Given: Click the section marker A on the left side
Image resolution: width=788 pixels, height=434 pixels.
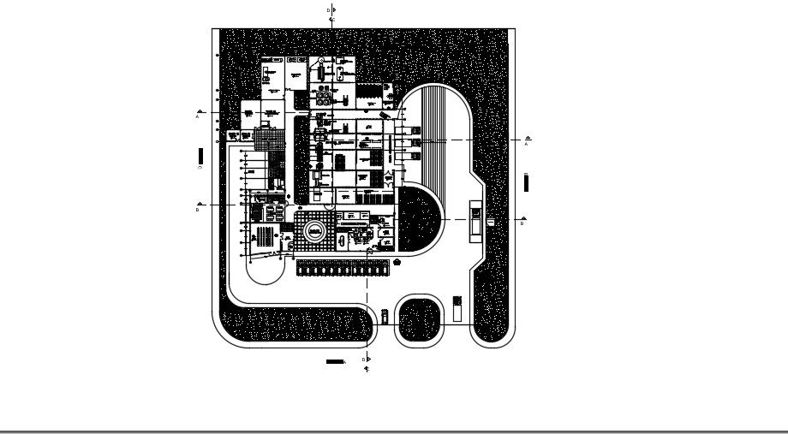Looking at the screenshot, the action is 200,112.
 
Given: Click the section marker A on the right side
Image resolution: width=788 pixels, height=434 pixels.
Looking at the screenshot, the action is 528,139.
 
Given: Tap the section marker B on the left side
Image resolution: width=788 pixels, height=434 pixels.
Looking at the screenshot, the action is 200,205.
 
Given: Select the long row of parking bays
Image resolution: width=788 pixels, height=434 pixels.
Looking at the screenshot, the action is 343,269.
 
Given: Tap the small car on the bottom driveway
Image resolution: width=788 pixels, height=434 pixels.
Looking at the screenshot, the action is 384,314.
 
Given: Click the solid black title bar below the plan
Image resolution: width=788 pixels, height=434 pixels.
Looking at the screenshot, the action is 335,362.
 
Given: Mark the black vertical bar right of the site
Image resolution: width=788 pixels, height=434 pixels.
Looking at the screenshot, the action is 526,182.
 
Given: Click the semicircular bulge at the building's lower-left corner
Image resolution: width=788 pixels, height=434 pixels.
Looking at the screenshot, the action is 266,271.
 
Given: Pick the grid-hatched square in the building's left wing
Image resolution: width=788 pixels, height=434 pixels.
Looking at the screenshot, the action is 268,134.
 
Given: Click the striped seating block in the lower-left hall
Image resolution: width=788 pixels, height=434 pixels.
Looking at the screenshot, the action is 266,236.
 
